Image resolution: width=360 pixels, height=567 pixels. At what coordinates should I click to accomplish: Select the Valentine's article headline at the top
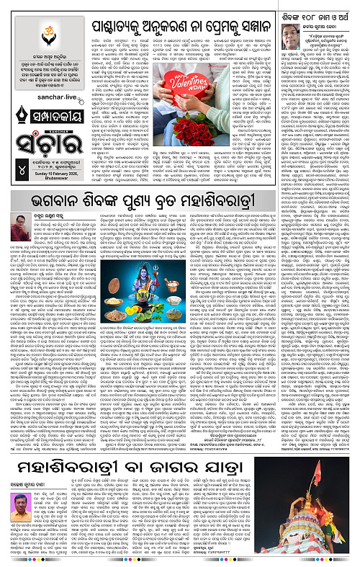point(177,12)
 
